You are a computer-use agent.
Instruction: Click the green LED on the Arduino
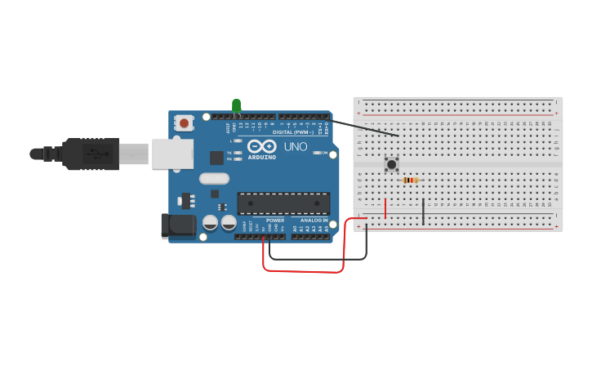tap(237, 105)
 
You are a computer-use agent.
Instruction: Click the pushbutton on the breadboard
tap(392, 164)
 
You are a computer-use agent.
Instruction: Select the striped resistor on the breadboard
tap(411, 181)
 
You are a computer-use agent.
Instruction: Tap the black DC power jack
tap(178, 225)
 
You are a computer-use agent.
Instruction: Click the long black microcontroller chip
tap(284, 203)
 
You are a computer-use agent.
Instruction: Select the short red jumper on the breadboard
tap(385, 208)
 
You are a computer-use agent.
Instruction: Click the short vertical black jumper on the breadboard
tap(423, 212)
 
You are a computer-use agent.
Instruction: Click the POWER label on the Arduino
tap(275, 221)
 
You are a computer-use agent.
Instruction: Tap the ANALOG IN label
tap(314, 221)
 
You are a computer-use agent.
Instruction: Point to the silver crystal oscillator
tap(214, 178)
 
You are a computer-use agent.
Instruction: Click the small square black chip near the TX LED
tap(216, 158)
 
